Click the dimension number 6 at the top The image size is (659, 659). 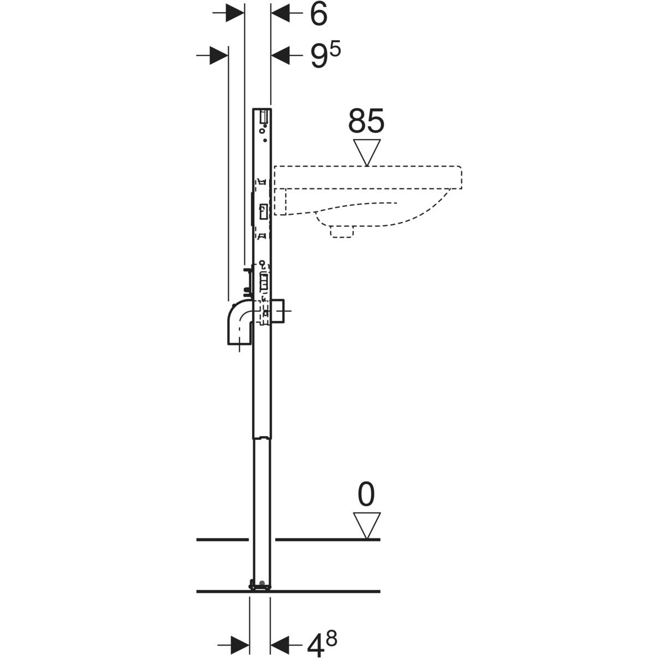[x=319, y=14]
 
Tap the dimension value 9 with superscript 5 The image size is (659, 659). [x=325, y=55]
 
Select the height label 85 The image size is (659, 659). [x=366, y=121]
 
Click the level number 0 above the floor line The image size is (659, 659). [x=366, y=494]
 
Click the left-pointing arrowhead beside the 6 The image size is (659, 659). [x=281, y=13]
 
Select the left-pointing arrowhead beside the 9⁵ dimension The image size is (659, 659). [x=281, y=55]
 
